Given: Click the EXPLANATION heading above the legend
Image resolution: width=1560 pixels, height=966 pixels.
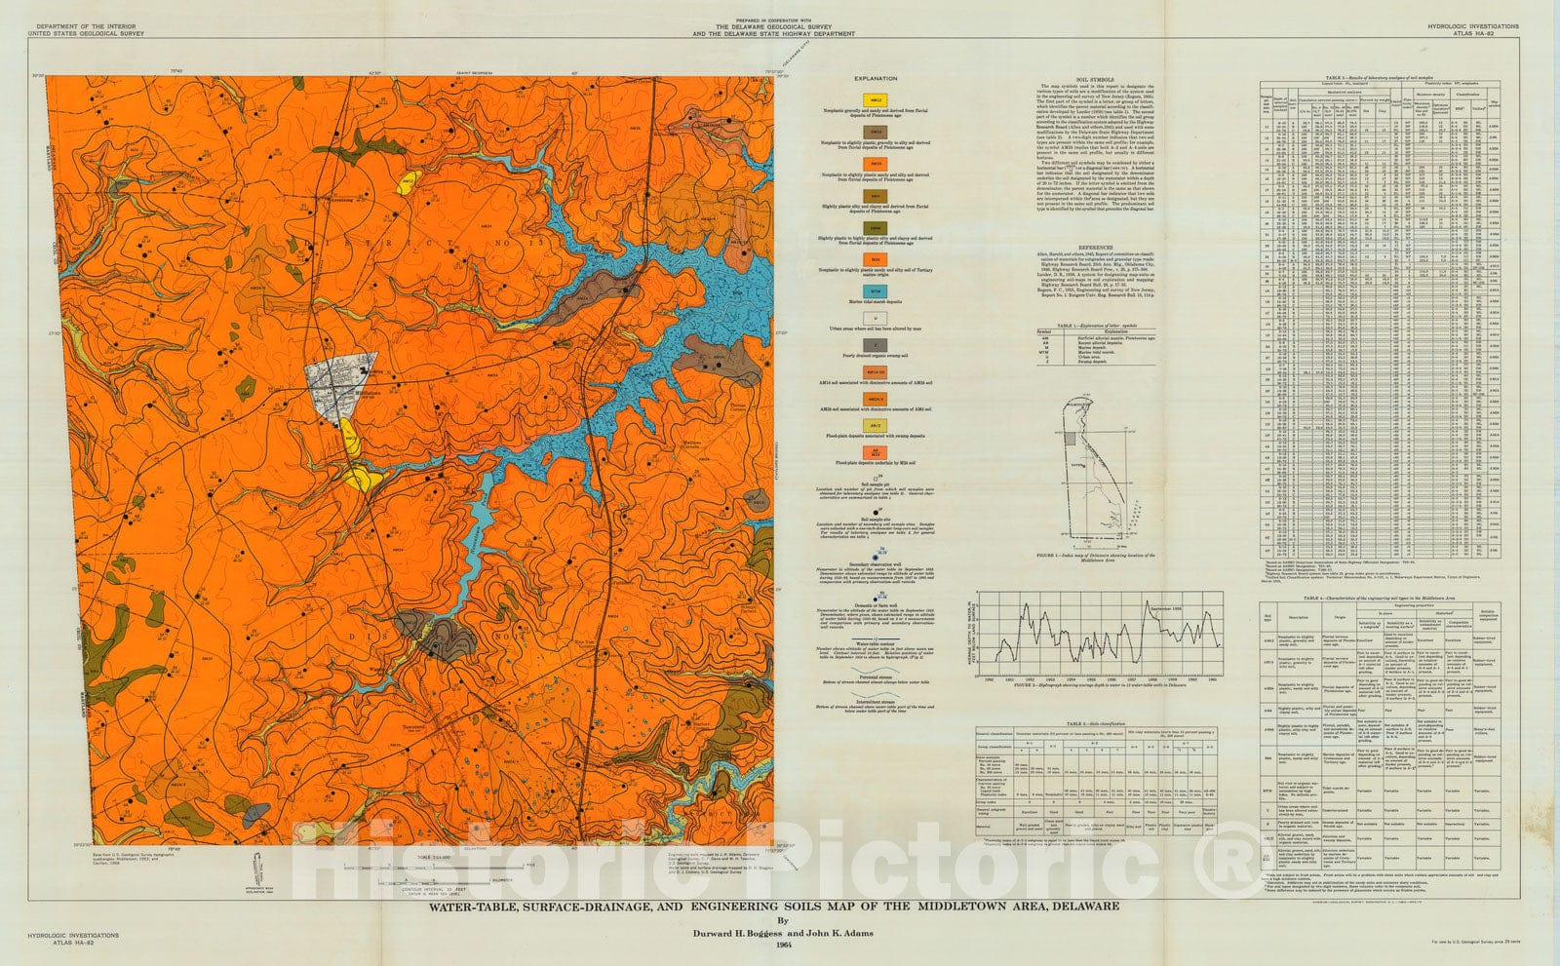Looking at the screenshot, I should tap(875, 78).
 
